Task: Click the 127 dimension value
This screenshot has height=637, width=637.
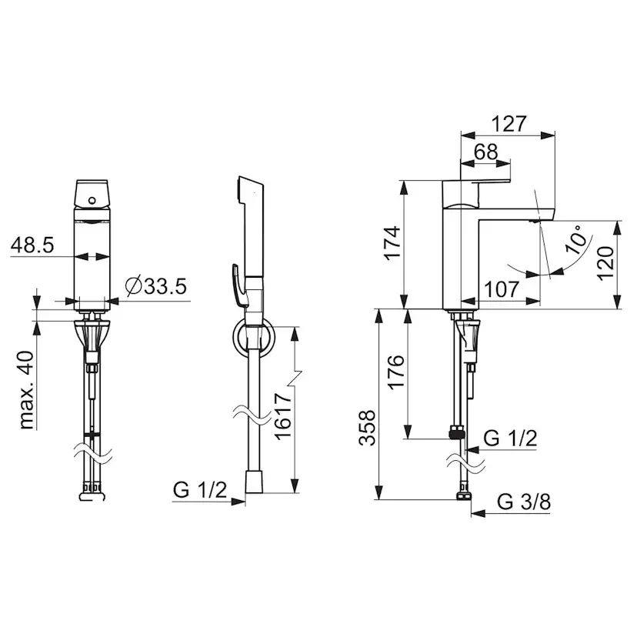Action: point(509,124)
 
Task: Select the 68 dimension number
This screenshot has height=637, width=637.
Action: point(486,152)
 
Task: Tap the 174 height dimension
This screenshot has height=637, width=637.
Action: point(393,242)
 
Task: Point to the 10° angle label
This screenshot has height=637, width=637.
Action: point(578,240)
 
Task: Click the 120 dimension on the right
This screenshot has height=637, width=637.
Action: point(605,263)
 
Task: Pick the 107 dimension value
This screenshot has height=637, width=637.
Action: point(502,289)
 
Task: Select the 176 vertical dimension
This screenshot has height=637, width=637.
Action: point(396,372)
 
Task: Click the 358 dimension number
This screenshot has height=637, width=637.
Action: point(367,428)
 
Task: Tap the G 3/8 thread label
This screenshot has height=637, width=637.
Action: point(524,502)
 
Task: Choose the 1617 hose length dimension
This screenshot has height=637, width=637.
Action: point(283,415)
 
